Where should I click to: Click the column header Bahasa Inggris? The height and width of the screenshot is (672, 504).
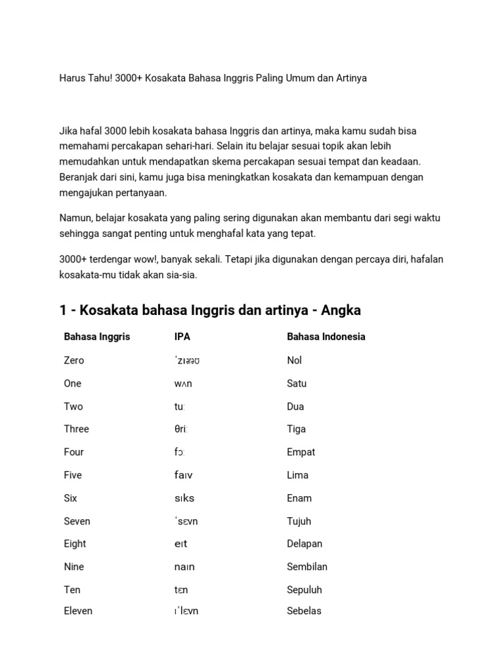[96, 337]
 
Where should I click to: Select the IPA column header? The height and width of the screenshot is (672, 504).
[182, 337]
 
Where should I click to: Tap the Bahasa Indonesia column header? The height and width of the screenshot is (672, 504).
[326, 337]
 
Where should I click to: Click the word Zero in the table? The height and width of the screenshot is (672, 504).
[74, 360]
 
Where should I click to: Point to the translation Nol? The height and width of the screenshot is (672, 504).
[295, 360]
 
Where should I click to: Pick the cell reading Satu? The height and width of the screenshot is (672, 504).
[297, 383]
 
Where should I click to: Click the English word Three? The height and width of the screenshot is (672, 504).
[76, 429]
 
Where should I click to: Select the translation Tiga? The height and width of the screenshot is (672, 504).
[297, 429]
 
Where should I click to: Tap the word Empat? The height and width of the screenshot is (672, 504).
[301, 452]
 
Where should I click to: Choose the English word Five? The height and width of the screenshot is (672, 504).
[73, 475]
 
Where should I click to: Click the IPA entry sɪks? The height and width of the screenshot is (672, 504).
[184, 498]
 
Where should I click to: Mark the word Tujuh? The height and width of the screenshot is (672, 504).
[299, 521]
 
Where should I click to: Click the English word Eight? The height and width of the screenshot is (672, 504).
[75, 543]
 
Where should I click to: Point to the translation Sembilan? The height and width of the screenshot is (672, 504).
[307, 566]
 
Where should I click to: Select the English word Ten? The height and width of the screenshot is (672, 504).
[72, 589]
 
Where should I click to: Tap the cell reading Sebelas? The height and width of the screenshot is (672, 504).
[304, 611]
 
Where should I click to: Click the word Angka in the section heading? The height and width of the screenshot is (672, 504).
[339, 310]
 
